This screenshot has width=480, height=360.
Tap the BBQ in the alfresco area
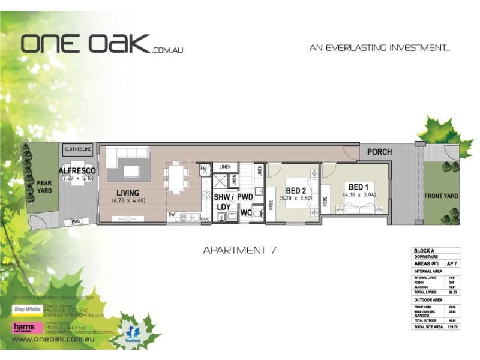coord(76,221)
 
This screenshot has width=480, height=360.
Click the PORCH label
coord(380,152)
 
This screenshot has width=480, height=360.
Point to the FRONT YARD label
coord(441,196)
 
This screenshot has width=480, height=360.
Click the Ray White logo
coord(28,311)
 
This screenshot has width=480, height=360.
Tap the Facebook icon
coord(133,333)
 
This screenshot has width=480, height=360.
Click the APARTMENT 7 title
coord(239,250)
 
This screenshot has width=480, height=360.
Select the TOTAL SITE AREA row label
coord(428,327)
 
